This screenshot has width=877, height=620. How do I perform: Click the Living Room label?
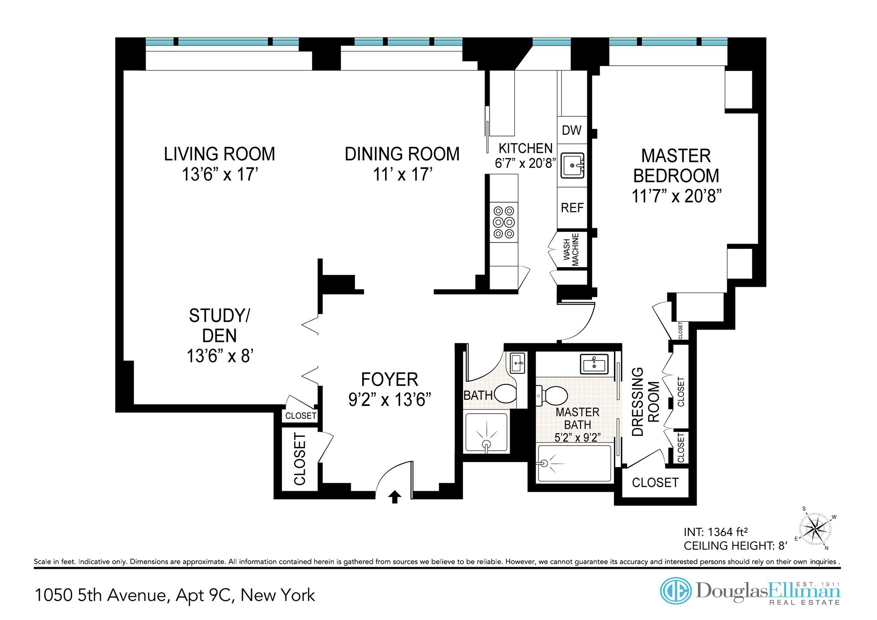click(x=219, y=154)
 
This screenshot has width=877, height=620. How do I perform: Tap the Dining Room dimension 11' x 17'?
click(x=402, y=174)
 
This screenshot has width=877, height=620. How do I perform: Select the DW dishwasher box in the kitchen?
click(x=572, y=130)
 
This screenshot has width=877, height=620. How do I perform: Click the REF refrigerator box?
click(x=572, y=208)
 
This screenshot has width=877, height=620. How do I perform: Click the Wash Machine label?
click(x=571, y=249)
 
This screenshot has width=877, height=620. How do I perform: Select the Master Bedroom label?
click(x=676, y=166)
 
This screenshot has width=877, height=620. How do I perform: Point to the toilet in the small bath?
click(x=505, y=394)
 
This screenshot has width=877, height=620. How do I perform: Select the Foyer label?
click(x=390, y=379)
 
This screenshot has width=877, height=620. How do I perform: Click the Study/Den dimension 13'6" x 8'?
click(x=220, y=356)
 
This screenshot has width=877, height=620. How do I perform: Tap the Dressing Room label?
click(x=645, y=402)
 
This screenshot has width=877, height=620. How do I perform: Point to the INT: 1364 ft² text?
click(x=715, y=532)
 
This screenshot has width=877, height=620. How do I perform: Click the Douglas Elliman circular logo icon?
click(x=676, y=591)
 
